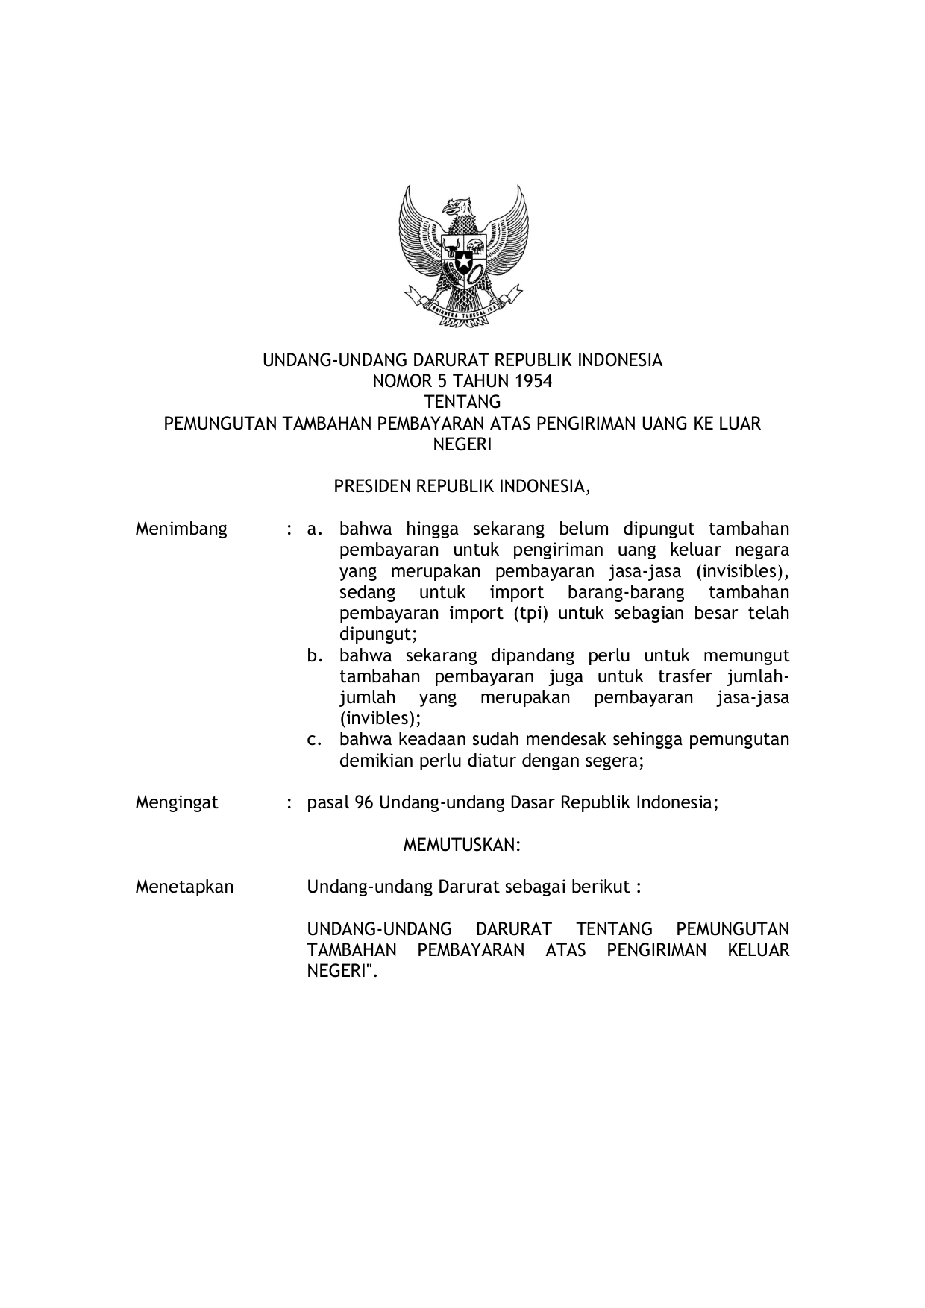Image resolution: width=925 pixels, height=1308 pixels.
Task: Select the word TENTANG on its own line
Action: (462, 403)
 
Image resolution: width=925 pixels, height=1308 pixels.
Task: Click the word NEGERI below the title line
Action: (462, 445)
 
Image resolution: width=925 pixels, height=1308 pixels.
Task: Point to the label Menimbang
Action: (181, 529)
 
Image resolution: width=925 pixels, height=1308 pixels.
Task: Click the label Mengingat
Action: (177, 802)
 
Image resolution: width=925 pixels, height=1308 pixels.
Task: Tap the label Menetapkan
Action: (184, 887)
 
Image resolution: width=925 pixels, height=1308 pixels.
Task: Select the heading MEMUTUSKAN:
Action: (462, 845)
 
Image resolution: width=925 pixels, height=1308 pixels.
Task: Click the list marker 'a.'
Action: (315, 529)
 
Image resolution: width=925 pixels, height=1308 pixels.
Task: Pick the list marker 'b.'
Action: (315, 656)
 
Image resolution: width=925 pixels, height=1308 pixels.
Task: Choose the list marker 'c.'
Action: (315, 740)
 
